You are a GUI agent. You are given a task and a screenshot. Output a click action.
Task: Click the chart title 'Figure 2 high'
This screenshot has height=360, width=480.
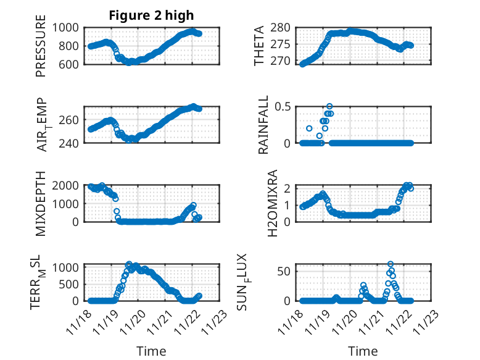[151, 15]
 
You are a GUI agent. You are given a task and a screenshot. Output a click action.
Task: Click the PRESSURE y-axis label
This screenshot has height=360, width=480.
[41, 50]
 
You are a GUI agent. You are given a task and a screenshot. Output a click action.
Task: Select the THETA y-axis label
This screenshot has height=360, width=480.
[259, 46]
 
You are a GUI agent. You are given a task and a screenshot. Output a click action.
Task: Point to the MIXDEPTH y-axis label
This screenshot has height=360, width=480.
[41, 203]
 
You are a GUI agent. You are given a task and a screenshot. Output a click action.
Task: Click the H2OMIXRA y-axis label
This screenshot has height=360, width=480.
[263, 203]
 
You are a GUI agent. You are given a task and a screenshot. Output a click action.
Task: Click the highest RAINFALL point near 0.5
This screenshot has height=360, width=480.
[329, 106]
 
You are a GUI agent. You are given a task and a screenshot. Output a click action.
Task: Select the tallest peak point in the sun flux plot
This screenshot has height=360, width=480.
[391, 264]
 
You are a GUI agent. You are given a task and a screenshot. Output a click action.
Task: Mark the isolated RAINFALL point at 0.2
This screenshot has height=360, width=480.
[309, 128]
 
